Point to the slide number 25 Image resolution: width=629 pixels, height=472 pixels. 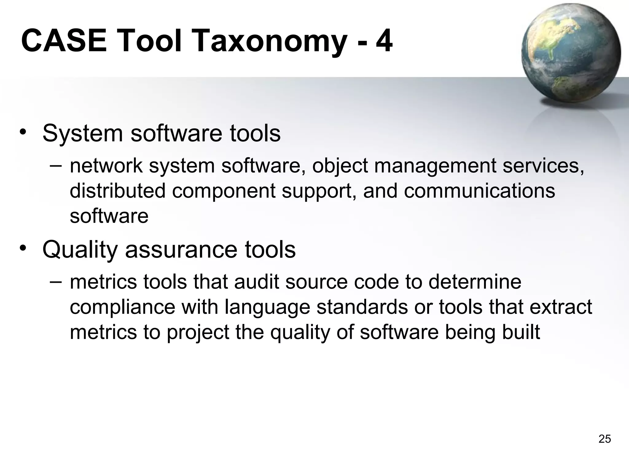pos(604,439)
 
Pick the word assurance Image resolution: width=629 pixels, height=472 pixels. pos(181,250)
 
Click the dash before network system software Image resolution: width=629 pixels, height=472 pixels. pos(56,165)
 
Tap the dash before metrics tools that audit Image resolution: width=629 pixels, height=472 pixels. pos(56,281)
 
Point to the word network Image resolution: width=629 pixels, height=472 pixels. pos(106,166)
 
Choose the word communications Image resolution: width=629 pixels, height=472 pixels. pos(479,191)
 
